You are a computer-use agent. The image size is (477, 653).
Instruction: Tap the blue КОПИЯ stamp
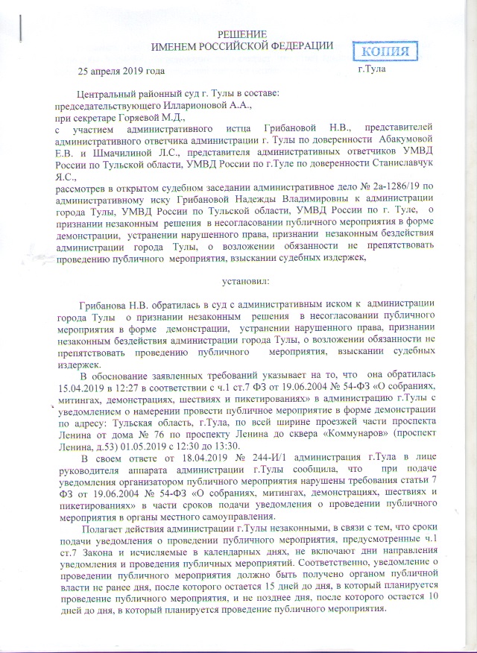pos(389,51)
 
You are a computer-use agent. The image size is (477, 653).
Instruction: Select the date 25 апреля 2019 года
pos(119,72)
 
